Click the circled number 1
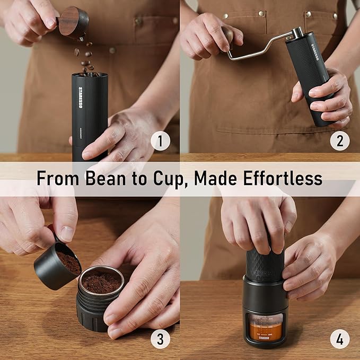[161, 141]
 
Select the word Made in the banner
[213, 179]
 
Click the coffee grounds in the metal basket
[101, 282]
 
